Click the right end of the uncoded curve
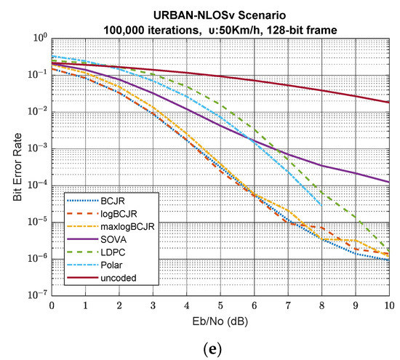pos(389,103)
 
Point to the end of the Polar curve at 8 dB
pos(321,206)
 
